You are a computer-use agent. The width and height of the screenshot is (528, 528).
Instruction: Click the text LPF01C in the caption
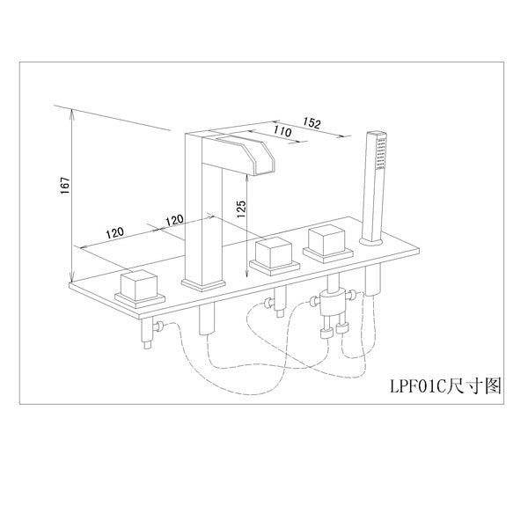point(416,385)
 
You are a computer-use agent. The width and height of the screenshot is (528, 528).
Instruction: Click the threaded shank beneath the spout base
point(208,319)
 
